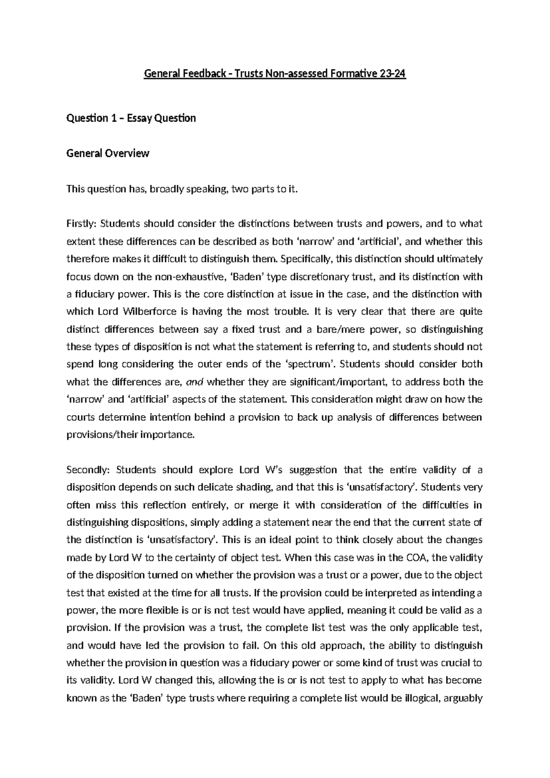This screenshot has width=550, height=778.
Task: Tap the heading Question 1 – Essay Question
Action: [x=131, y=118]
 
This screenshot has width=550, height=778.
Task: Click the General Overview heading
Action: [x=108, y=153]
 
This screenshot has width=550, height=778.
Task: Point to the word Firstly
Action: [x=81, y=224]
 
